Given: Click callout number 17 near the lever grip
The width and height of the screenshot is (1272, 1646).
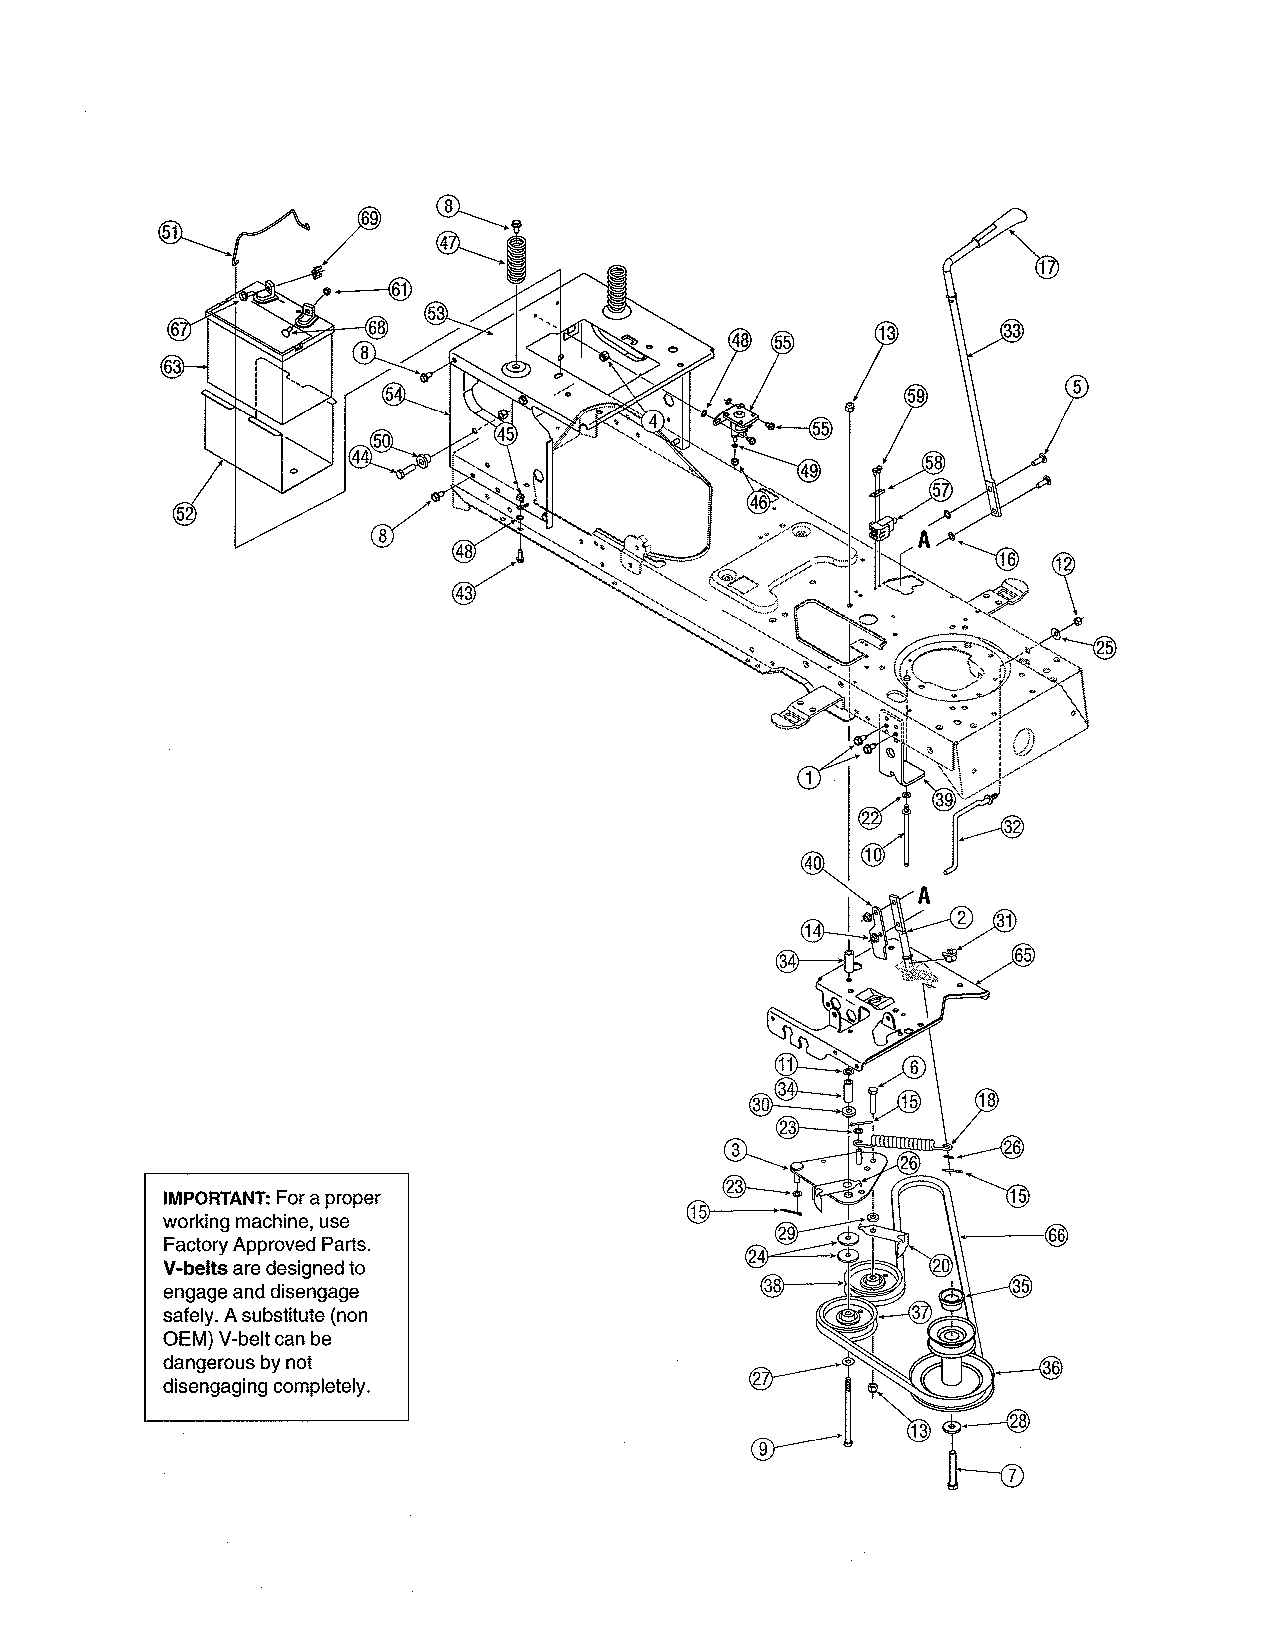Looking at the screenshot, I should click(1046, 267).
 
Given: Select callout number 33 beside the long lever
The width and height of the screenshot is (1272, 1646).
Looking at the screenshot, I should click(1012, 331).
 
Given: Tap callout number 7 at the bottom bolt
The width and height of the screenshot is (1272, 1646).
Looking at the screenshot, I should click(1011, 1476).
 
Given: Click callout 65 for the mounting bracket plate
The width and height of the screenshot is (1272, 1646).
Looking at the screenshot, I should click(1023, 955).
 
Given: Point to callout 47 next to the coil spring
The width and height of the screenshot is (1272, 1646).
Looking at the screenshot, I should click(448, 243).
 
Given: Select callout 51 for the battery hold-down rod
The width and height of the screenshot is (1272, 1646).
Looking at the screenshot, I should click(170, 232).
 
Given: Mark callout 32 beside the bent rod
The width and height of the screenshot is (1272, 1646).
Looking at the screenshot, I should click(1012, 827).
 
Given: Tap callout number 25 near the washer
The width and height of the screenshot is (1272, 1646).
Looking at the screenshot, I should click(1105, 647).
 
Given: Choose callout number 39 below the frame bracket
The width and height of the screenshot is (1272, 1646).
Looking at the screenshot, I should click(943, 800).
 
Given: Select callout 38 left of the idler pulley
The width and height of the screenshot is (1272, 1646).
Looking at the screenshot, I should click(772, 1286).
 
